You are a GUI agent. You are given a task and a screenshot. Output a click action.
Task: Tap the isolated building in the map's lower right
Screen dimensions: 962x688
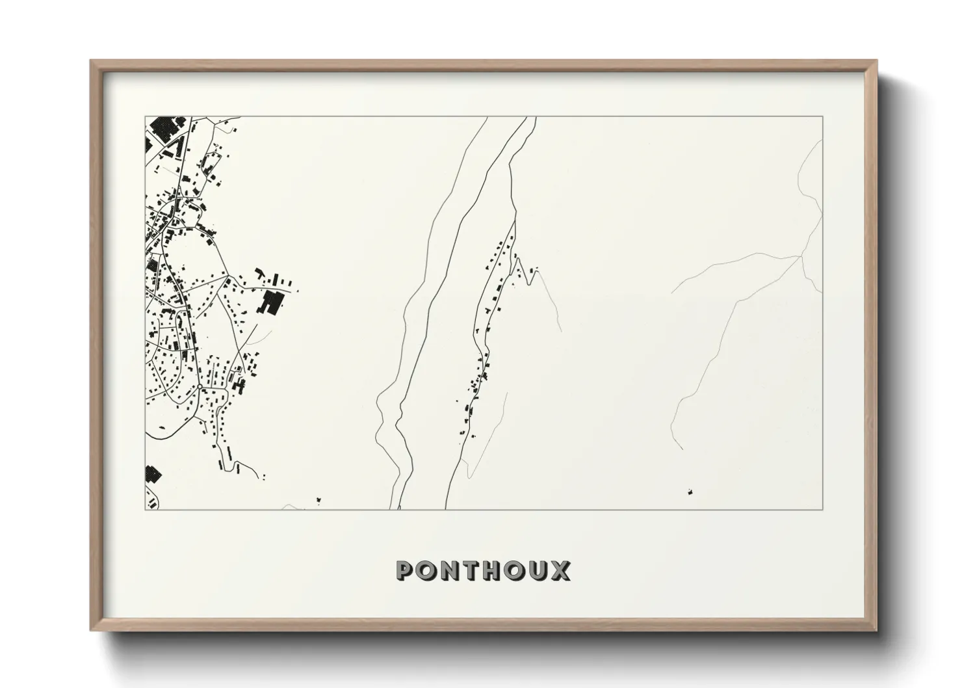point(689,492)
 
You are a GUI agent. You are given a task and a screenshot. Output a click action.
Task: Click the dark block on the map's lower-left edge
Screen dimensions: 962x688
point(151,474)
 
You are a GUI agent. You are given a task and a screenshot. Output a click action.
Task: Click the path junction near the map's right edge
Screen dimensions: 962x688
point(801,257)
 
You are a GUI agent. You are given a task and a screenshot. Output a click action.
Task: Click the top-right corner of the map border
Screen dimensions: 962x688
point(822,117)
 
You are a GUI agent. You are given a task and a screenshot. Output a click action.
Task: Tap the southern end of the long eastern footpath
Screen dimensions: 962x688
point(681,449)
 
